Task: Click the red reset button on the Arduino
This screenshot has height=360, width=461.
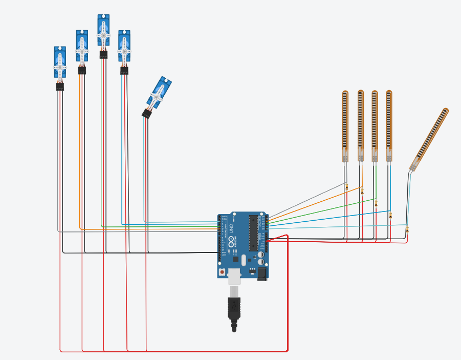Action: click(x=222, y=272)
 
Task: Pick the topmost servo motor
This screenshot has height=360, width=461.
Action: click(x=103, y=32)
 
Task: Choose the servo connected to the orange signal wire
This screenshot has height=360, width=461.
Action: click(x=82, y=47)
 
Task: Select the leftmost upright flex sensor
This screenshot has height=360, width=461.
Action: click(x=345, y=125)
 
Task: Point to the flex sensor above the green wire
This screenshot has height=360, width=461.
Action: click(x=375, y=125)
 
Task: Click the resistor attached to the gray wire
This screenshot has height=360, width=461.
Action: click(x=347, y=187)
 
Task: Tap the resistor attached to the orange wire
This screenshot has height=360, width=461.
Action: click(x=362, y=192)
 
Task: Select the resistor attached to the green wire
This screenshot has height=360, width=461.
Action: click(x=376, y=203)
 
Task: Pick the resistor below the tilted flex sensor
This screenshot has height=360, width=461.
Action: click(x=407, y=230)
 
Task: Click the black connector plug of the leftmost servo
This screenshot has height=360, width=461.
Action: click(x=60, y=87)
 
